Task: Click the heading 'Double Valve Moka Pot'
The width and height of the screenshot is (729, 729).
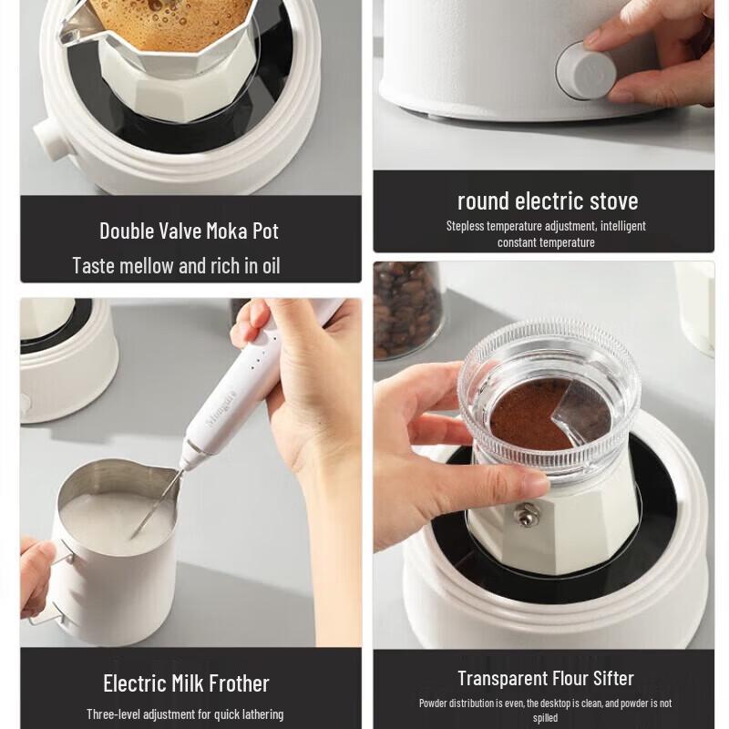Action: click(x=189, y=231)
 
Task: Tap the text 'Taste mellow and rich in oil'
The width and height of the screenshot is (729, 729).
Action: click(x=176, y=266)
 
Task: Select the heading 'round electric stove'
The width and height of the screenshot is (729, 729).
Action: click(x=547, y=200)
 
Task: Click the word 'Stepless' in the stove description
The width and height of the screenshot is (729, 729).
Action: click(x=466, y=226)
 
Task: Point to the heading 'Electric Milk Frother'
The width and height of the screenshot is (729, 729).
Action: click(x=186, y=683)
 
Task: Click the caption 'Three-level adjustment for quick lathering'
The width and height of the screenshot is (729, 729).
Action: click(x=185, y=714)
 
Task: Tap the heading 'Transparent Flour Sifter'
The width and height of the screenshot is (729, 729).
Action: click(x=546, y=678)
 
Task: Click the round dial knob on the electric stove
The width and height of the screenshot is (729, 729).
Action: click(x=584, y=70)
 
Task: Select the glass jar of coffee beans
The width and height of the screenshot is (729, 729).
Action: click(x=406, y=310)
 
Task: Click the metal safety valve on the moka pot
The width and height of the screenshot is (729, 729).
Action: click(x=524, y=516)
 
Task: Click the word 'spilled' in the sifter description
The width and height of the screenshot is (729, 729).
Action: click(x=545, y=718)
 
